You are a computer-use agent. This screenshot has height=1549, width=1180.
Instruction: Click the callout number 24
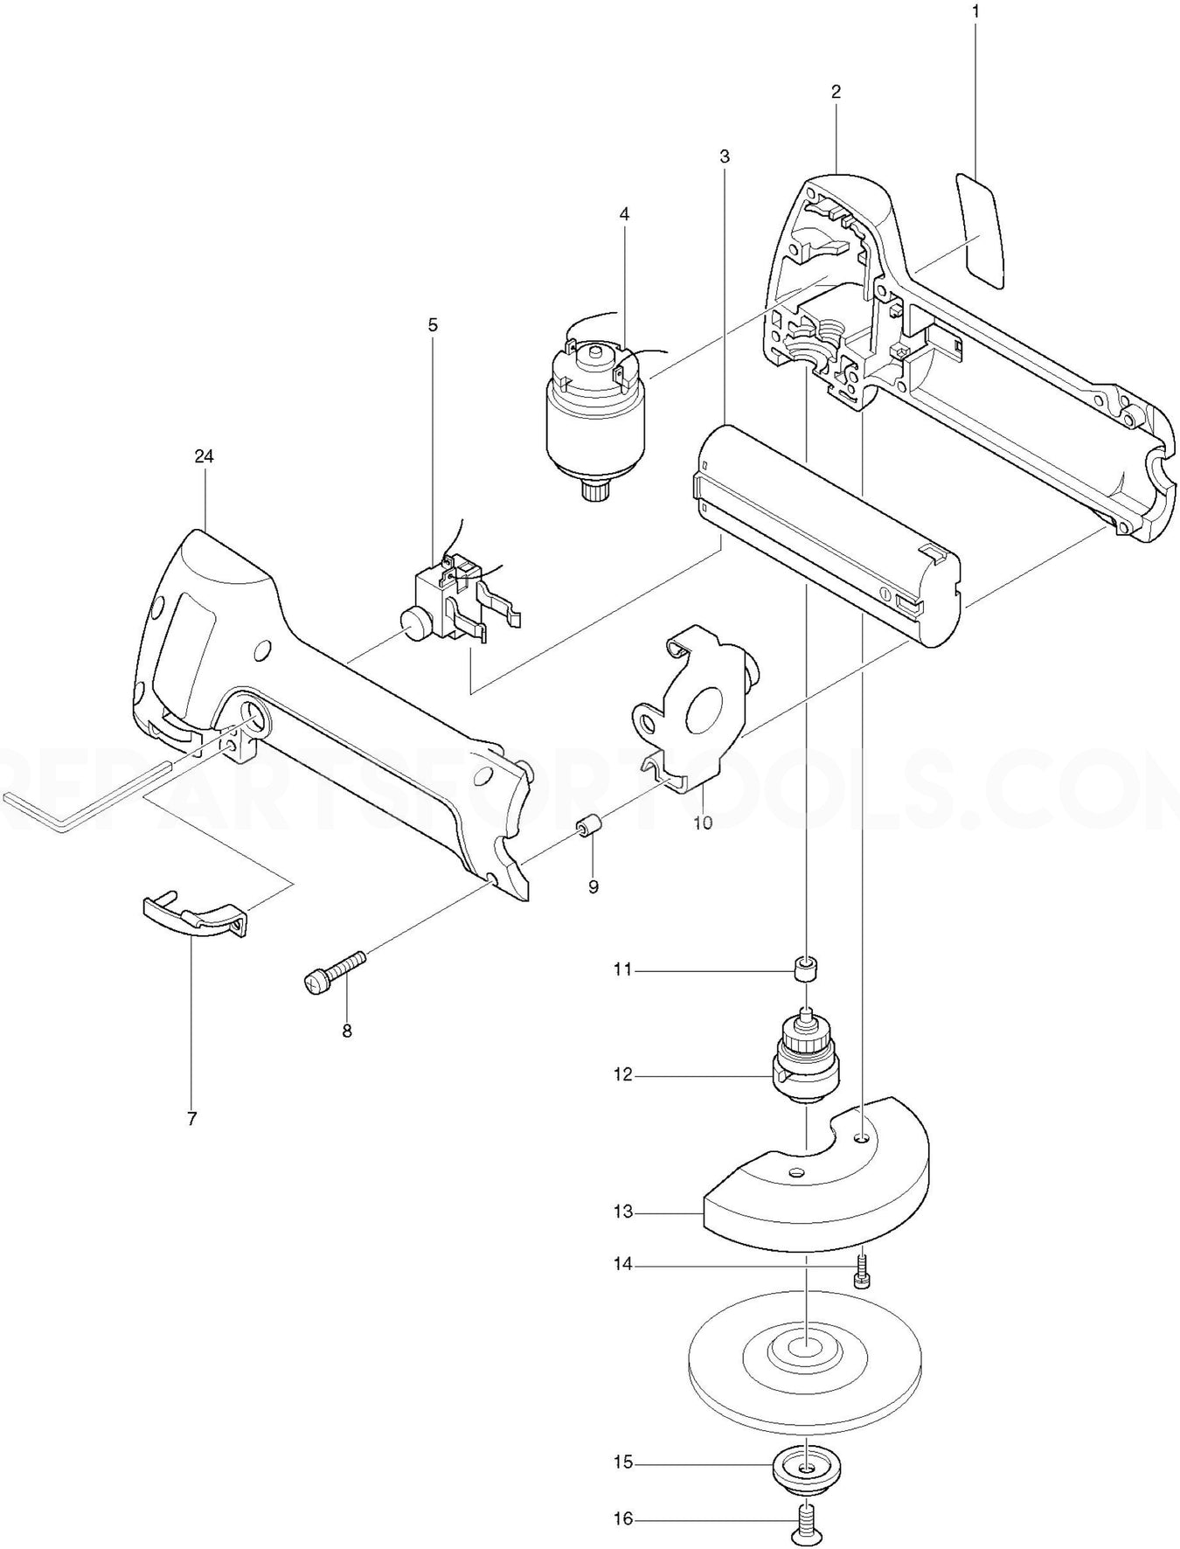click(205, 456)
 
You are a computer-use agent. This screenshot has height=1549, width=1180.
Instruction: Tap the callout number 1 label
click(975, 12)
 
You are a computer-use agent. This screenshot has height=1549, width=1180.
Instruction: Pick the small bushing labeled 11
click(805, 969)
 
